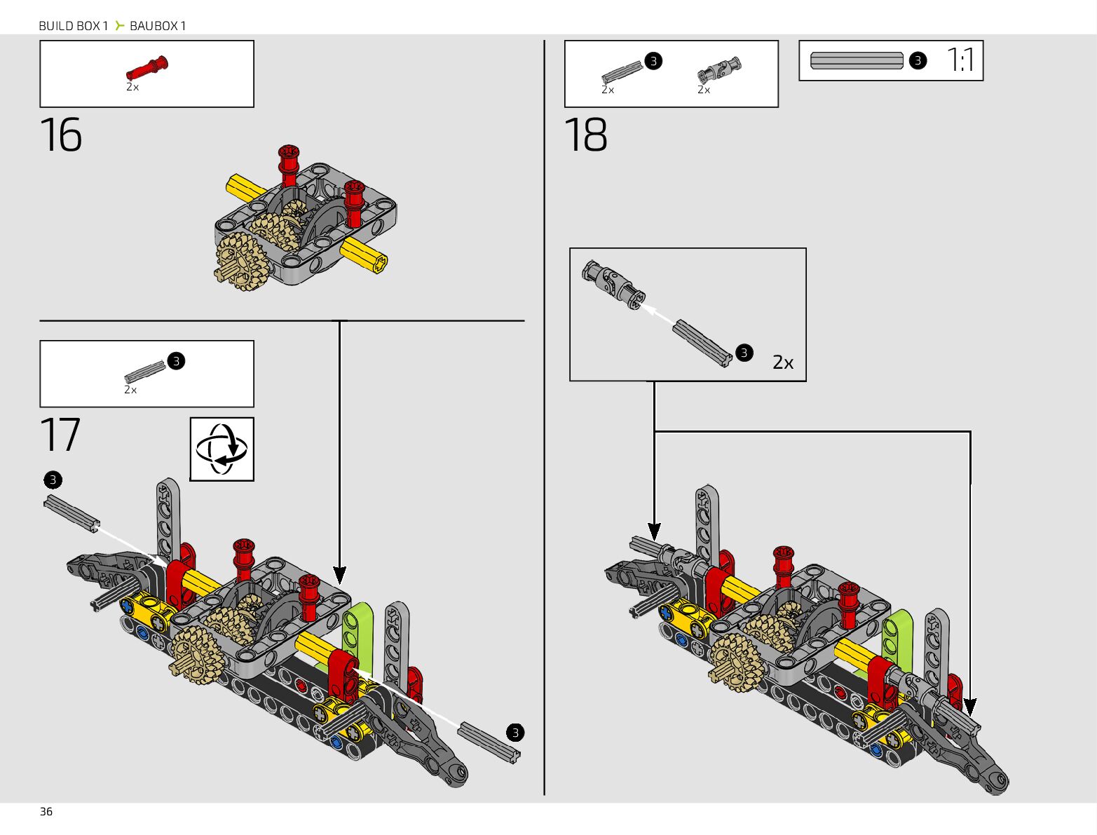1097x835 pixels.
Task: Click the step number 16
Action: point(60,135)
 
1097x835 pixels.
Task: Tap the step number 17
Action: point(60,434)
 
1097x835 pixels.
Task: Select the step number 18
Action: point(585,135)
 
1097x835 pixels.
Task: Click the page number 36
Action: point(46,812)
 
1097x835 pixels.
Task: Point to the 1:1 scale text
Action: point(960,60)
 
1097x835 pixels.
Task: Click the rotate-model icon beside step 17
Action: point(222,449)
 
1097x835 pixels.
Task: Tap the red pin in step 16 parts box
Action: point(147,67)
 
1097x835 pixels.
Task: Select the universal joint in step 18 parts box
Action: point(719,70)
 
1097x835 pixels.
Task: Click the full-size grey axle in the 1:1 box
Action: point(857,60)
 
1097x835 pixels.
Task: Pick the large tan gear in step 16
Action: point(243,262)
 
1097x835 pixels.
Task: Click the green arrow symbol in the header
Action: point(119,25)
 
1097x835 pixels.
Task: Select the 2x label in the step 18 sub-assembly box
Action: point(783,362)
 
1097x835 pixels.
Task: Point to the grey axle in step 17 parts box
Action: point(145,372)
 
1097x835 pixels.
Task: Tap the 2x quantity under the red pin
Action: point(132,87)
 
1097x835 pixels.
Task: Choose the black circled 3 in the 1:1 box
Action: point(918,60)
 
